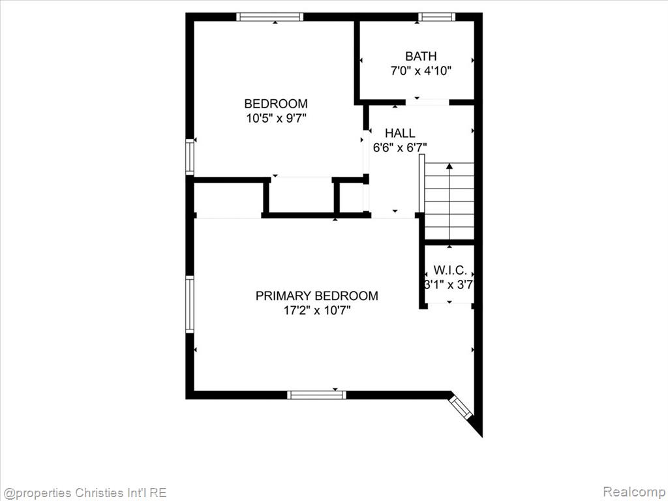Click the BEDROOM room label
(x=276, y=104)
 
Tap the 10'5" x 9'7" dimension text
(x=276, y=118)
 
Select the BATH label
(x=421, y=56)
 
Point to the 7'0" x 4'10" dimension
(x=421, y=70)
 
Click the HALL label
(x=400, y=133)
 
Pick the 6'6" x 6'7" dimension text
(x=400, y=147)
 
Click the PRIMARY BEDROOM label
(x=316, y=296)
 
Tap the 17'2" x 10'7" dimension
(x=317, y=310)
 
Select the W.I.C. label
(x=450, y=270)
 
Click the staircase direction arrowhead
(x=449, y=166)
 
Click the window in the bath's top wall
(x=436, y=17)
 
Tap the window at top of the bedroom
(x=269, y=17)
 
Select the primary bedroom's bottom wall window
(x=316, y=395)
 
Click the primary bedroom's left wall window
(x=190, y=304)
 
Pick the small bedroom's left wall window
(x=190, y=157)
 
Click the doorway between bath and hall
(x=428, y=102)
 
